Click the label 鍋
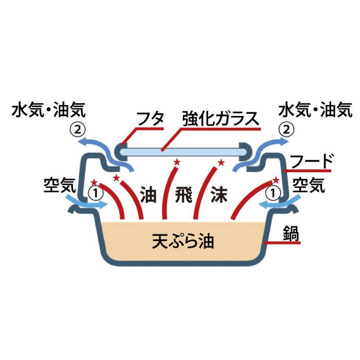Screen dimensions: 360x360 292,234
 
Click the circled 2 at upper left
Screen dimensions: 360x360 77,130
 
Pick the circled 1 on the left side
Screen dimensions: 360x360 98,193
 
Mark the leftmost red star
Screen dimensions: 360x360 94,182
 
